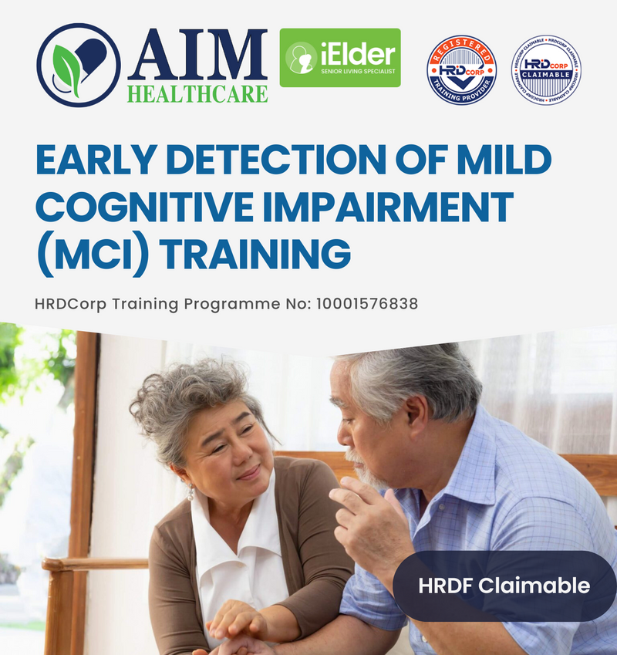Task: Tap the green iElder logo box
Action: [340, 58]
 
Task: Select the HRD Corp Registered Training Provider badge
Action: [461, 70]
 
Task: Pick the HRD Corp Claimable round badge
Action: [546, 70]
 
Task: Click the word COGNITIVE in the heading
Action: [131, 207]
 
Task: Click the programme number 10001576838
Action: [366, 304]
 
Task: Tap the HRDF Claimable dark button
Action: [504, 586]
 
